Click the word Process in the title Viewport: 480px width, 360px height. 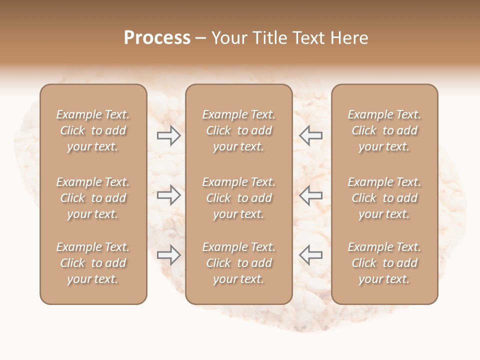[157, 38]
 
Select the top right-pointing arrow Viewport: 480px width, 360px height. [169, 135]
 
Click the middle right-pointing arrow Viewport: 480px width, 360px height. [169, 195]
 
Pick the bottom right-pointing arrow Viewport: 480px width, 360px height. [169, 255]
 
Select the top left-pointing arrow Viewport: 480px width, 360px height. [310, 135]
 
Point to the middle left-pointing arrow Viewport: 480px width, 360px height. [310, 195]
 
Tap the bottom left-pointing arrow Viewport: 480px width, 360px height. [310, 255]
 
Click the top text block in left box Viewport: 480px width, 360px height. [93, 130]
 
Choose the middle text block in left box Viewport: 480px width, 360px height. [93, 198]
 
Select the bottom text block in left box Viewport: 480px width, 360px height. [93, 263]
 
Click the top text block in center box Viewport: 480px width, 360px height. [238, 130]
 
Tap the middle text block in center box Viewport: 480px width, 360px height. [238, 198]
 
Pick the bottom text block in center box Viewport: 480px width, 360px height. [238, 263]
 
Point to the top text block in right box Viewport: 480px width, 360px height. [384, 130]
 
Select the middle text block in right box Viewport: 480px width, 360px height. [384, 198]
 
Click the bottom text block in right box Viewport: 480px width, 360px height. [384, 263]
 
